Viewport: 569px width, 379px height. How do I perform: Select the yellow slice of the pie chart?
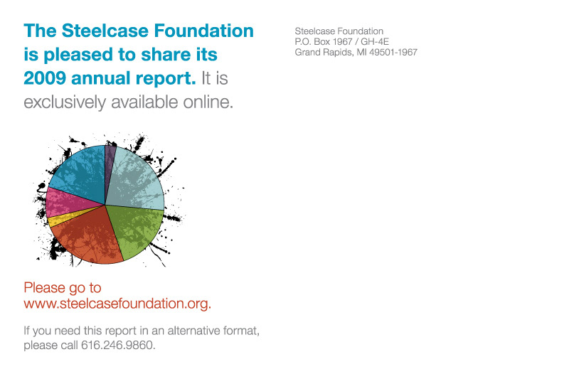point(62,218)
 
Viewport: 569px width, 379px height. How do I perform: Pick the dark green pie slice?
point(136,228)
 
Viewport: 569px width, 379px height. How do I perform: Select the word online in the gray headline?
point(208,102)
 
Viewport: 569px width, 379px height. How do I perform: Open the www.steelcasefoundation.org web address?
point(117,303)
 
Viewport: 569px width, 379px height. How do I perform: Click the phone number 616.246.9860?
point(117,345)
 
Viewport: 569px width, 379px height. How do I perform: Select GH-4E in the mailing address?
point(375,41)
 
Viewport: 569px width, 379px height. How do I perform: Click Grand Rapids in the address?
point(324,53)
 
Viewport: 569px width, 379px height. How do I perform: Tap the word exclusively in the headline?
point(65,102)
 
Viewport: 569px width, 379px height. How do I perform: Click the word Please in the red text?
point(44,287)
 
